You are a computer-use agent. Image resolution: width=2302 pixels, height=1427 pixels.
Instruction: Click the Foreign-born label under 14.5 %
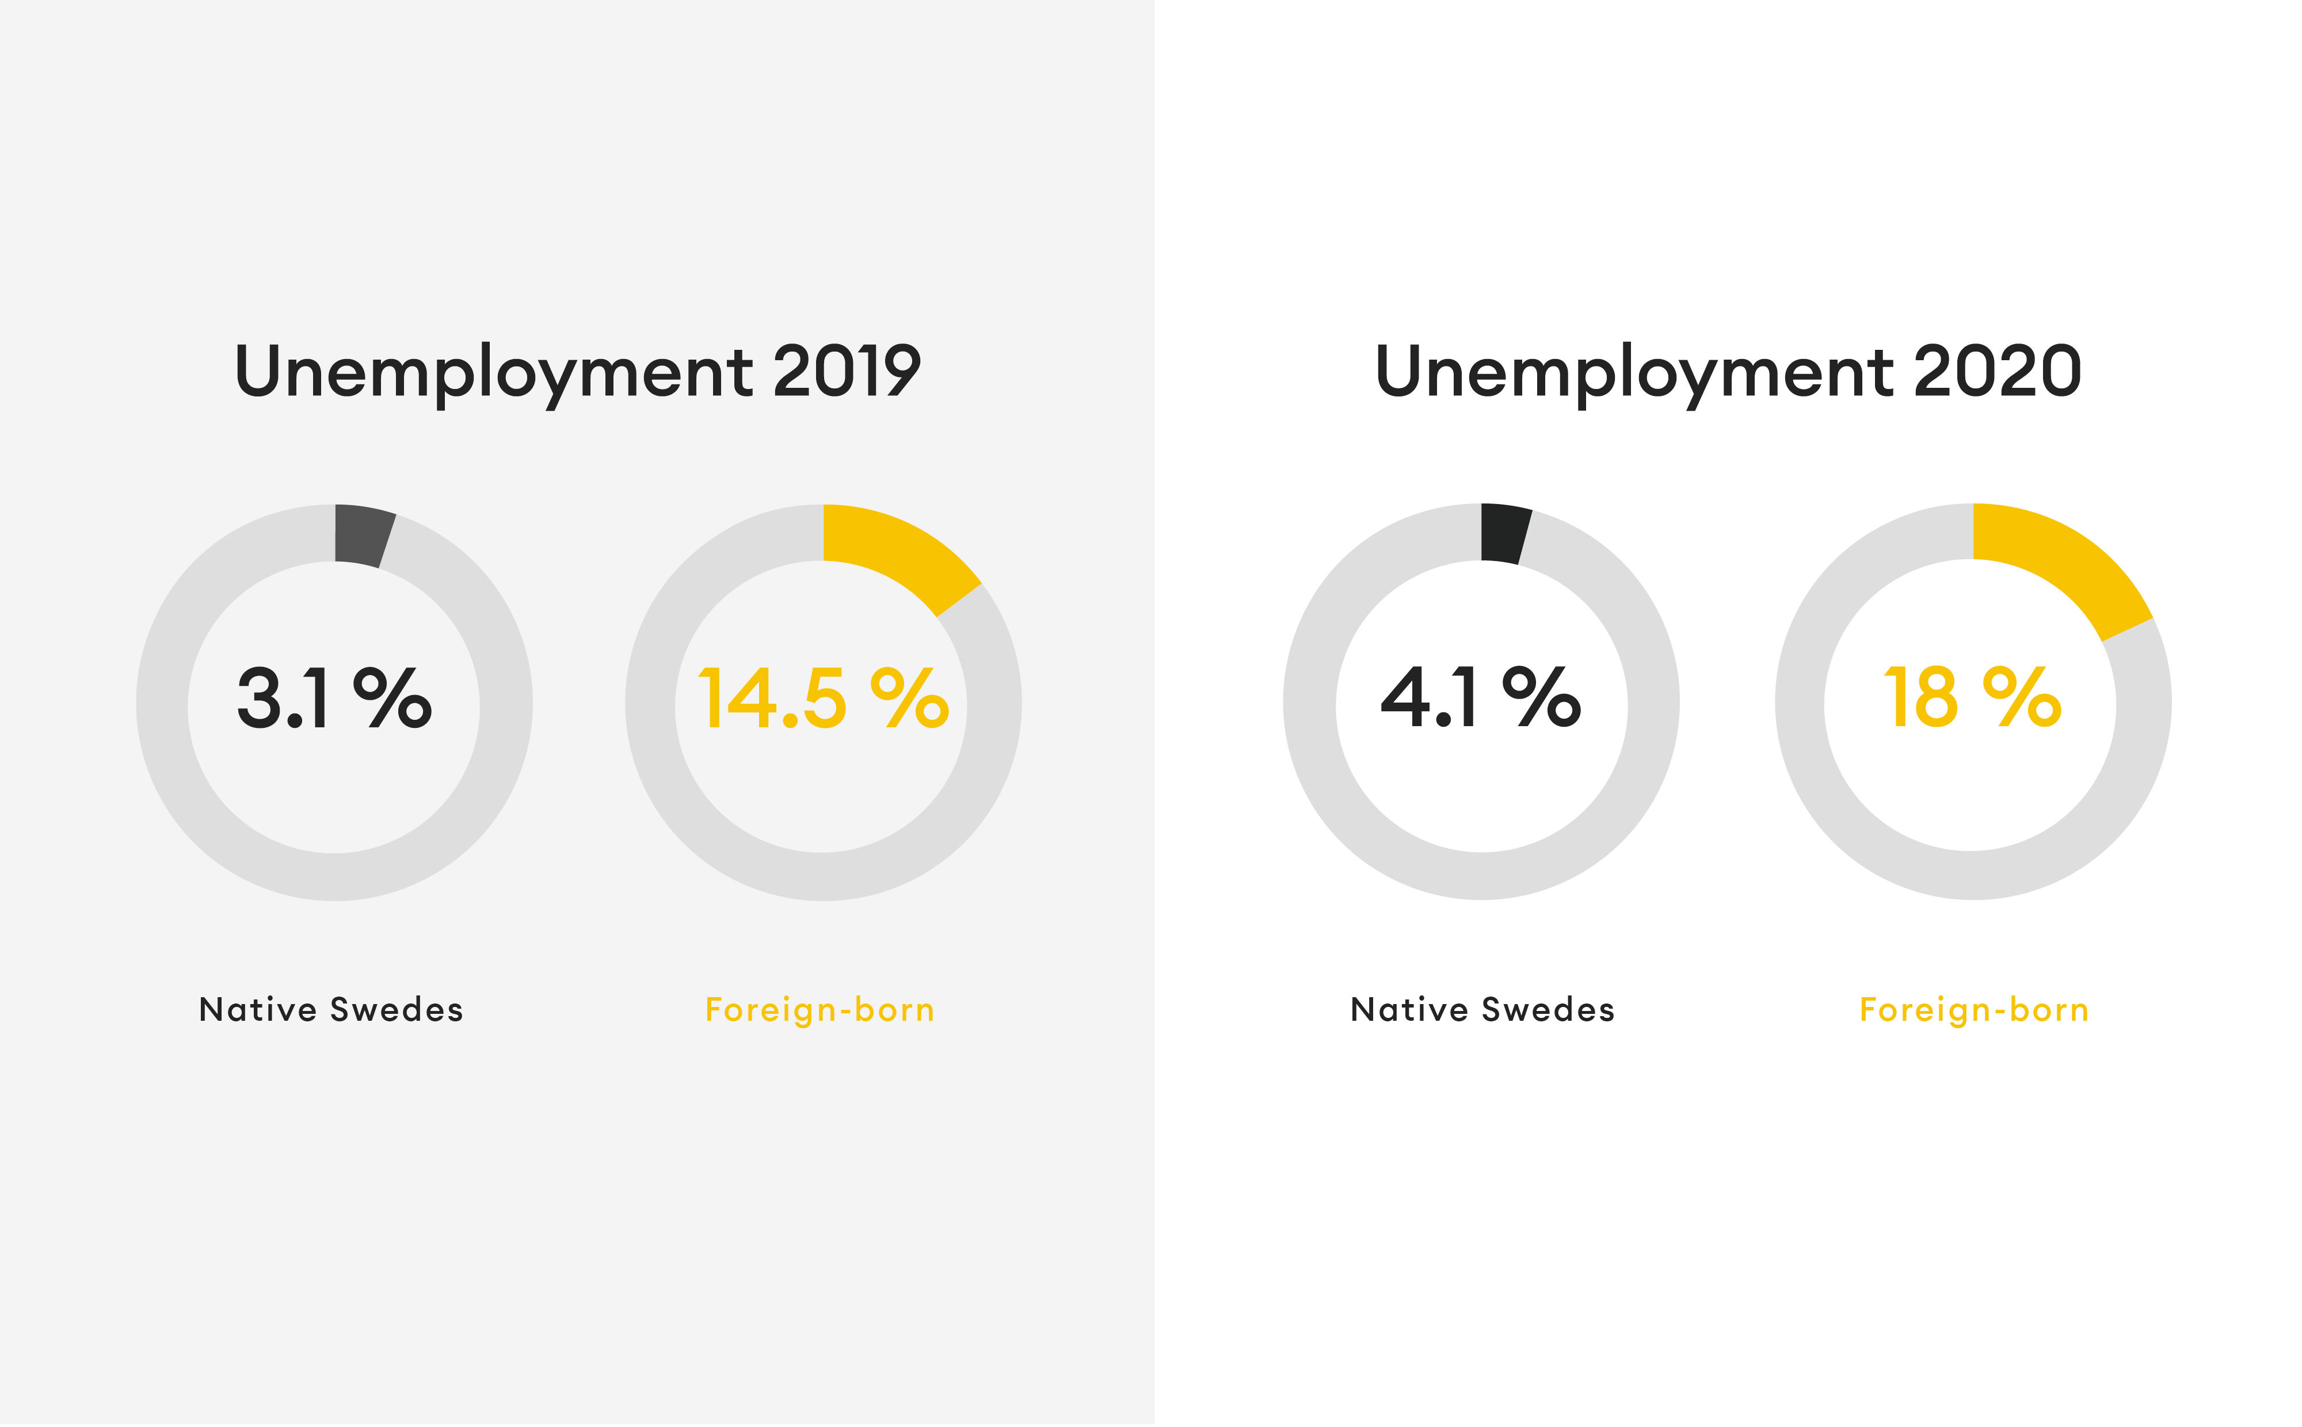point(820,1010)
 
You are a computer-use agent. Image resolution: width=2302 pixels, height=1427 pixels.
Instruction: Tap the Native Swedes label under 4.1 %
point(1482,1010)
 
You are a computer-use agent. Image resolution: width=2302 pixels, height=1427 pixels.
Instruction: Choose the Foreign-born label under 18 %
point(1973,1010)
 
